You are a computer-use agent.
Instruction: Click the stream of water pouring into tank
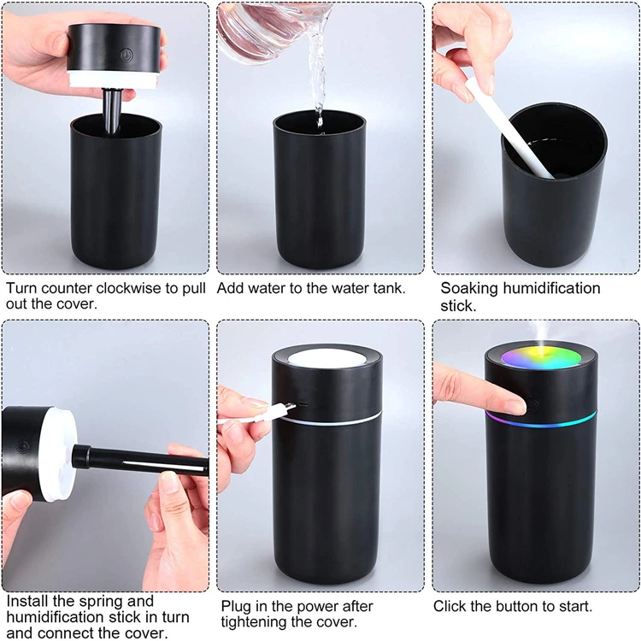(318, 77)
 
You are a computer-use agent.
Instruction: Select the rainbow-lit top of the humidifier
(539, 356)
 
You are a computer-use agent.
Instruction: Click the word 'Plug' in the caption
(236, 606)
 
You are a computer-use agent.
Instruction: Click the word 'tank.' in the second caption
(386, 289)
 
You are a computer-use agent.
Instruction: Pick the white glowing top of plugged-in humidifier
(325, 359)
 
